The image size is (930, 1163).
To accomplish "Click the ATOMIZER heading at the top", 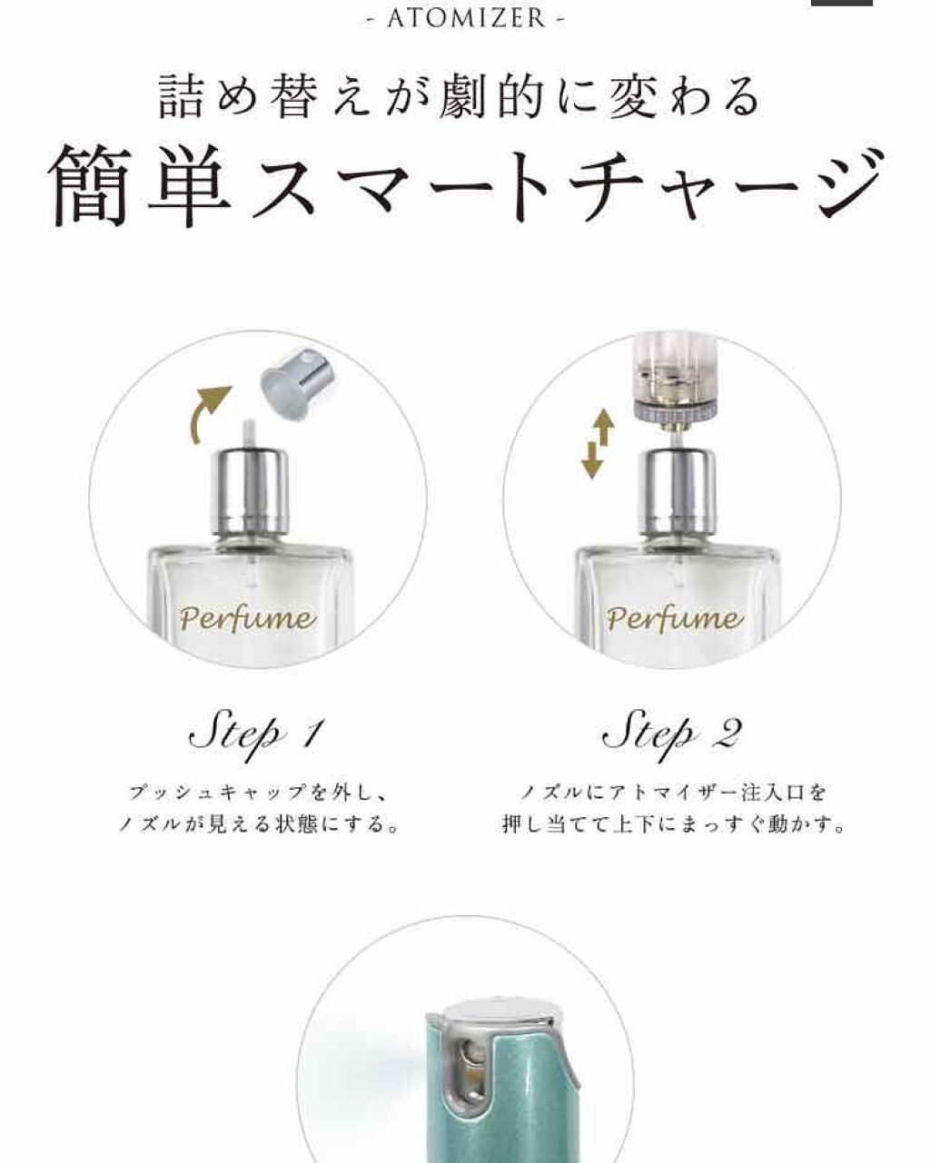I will click(x=465, y=18).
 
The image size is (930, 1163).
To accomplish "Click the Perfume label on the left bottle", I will click(x=247, y=619).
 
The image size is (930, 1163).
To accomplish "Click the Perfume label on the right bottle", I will click(x=674, y=619).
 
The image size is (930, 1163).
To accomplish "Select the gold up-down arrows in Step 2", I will click(x=597, y=445).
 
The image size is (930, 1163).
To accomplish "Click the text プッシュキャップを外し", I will click(x=257, y=793).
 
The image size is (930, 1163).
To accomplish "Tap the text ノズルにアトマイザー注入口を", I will click(x=673, y=793).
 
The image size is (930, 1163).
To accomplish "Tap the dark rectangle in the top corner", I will click(x=840, y=3).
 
